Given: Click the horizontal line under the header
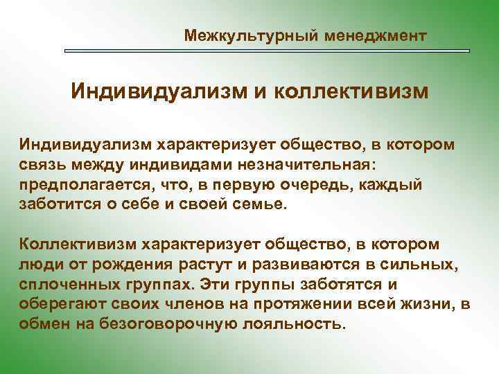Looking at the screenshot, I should (267, 51).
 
